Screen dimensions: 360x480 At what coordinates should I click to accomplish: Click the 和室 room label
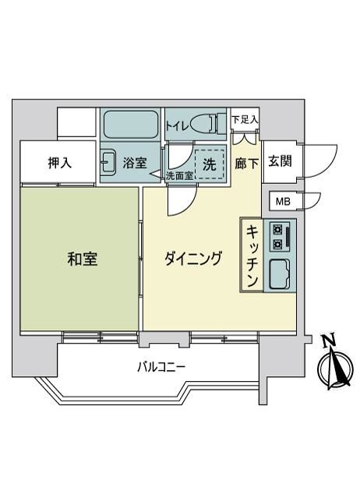(83, 259)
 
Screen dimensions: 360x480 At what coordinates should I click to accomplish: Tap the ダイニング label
(193, 259)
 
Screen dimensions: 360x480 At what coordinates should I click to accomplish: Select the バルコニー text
(161, 367)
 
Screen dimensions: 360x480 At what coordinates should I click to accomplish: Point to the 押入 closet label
(60, 163)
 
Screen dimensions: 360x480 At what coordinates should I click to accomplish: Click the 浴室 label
(135, 163)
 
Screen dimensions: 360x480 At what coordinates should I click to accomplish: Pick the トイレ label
(178, 126)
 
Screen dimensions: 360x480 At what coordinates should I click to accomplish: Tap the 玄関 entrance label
(280, 161)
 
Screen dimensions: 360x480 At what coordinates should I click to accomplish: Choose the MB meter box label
(283, 201)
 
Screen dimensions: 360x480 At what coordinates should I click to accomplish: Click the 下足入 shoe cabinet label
(245, 120)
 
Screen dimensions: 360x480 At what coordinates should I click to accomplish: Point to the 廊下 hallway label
(246, 164)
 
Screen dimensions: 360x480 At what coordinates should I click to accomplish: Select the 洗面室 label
(179, 176)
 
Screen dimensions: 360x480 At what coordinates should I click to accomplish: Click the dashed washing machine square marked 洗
(210, 164)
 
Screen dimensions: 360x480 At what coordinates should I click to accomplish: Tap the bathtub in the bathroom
(130, 125)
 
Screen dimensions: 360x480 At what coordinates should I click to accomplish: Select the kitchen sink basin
(280, 274)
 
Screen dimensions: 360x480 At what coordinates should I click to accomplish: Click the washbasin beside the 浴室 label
(108, 162)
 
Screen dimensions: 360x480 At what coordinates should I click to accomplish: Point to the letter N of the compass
(329, 341)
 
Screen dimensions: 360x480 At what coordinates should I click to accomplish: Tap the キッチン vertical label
(252, 256)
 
